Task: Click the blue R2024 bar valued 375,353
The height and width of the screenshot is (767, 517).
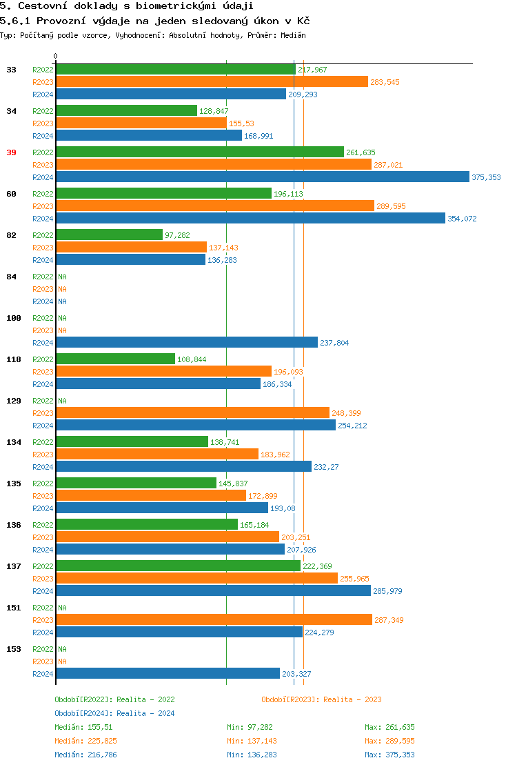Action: tap(263, 177)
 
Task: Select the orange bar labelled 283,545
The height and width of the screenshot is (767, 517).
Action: tap(212, 82)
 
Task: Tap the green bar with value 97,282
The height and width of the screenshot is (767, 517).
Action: tap(109, 235)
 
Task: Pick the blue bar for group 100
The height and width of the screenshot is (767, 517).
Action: tap(187, 343)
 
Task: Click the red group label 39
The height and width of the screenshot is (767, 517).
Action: tap(11, 152)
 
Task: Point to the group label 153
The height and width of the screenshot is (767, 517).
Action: tap(14, 649)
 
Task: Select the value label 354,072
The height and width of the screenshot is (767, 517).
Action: tap(462, 219)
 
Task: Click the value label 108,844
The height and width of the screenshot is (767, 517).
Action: tap(192, 359)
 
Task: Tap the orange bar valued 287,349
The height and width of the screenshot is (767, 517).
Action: tap(214, 620)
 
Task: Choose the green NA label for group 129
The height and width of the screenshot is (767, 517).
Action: tap(62, 401)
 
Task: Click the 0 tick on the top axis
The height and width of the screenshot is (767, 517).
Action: tap(56, 56)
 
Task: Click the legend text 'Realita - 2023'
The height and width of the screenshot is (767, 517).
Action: tap(352, 699)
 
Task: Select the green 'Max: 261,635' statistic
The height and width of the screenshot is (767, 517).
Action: tap(389, 727)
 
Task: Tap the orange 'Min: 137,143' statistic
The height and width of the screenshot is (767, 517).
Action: tap(252, 741)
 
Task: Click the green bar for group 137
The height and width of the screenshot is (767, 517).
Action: tap(178, 566)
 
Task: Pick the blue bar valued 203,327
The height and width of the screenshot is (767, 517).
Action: tap(168, 674)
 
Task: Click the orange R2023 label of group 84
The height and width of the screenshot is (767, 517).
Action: tap(43, 289)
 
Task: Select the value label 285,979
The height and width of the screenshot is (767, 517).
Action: tap(387, 591)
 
